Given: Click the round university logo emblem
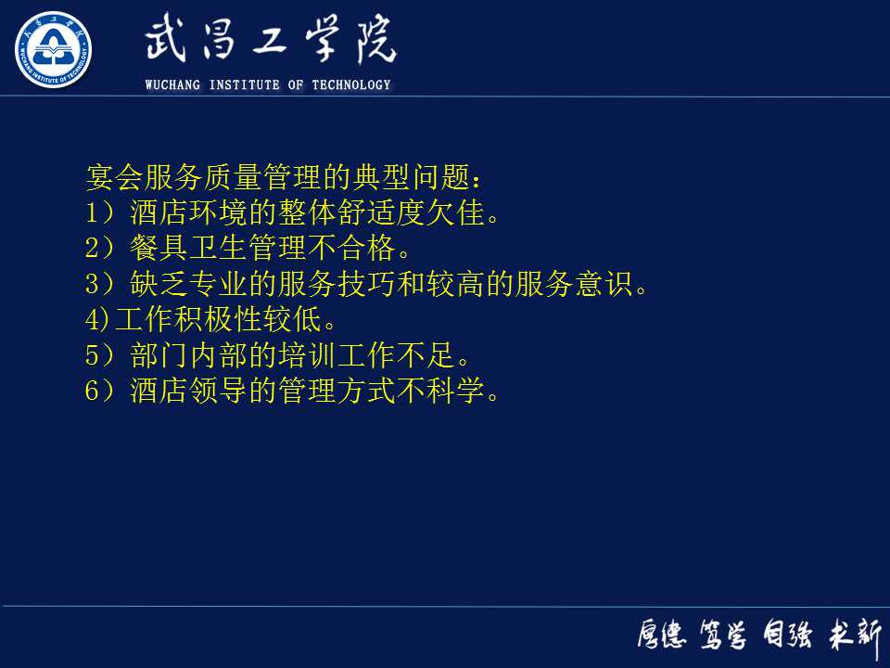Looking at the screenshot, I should (x=53, y=50).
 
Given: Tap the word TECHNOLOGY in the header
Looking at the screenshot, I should (x=351, y=85).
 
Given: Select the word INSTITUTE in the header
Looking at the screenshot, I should (x=245, y=85).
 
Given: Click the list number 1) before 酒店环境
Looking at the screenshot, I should (x=98, y=213).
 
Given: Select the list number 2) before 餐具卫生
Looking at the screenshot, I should (x=98, y=249).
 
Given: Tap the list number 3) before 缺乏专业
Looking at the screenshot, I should (x=98, y=284).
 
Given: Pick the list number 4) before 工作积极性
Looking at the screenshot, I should (x=96, y=320).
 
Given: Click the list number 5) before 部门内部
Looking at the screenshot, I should (x=98, y=355).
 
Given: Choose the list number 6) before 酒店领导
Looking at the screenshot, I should (x=98, y=391).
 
